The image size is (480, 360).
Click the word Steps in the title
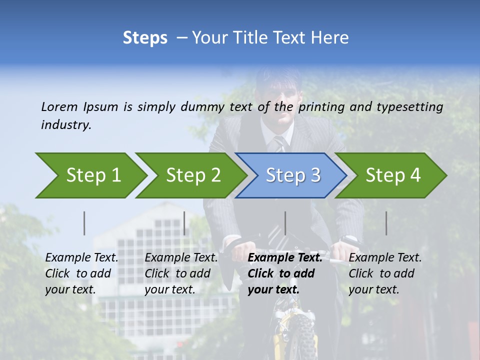pos(145,38)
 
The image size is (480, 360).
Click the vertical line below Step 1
pos(84,223)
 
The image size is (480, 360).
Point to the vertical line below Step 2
pos(184,223)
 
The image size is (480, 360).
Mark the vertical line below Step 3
pos(285,223)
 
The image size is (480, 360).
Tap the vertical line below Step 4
pos(386,223)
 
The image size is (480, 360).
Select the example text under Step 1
pos(81,273)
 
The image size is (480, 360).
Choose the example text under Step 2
pos(181,273)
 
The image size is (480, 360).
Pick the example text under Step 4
pos(385,273)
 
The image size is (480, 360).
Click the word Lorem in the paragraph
pos(59,106)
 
